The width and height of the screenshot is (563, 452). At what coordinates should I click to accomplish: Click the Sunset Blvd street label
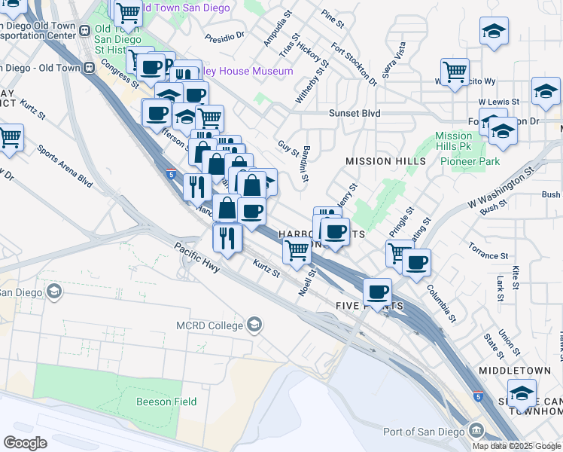pyautogui.click(x=354, y=114)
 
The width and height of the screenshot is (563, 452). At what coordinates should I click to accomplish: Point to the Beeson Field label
pyautogui.click(x=166, y=402)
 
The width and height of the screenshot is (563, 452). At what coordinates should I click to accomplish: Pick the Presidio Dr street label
pyautogui.click(x=225, y=35)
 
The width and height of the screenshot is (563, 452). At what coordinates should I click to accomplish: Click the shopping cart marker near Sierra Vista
pyautogui.click(x=455, y=72)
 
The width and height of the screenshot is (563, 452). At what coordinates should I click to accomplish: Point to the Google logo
pyautogui.click(x=25, y=443)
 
